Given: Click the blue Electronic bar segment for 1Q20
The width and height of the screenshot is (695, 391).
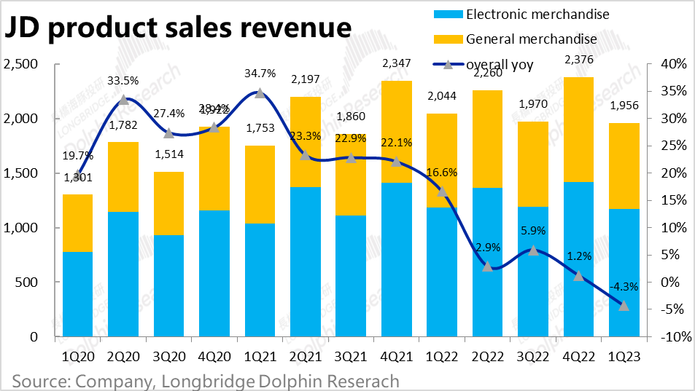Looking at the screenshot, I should tap(77, 294).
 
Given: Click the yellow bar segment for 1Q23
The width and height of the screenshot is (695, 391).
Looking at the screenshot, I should tap(624, 166).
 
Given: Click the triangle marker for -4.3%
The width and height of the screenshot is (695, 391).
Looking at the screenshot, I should tap(624, 306).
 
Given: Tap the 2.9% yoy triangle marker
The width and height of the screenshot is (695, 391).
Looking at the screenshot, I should tap(488, 266).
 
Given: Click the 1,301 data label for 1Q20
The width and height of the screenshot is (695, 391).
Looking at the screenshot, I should tap(77, 176).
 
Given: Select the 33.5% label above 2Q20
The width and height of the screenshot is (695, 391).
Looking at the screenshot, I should tap(123, 81).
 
